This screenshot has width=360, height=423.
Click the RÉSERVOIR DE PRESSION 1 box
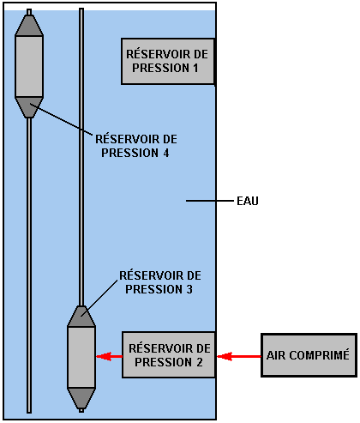tap(168, 62)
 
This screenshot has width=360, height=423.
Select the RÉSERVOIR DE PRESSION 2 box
tap(169, 355)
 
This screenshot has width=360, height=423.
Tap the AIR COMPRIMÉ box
tap(309, 355)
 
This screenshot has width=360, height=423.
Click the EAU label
tap(248, 201)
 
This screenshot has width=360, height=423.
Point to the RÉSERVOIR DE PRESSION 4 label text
tap(136, 146)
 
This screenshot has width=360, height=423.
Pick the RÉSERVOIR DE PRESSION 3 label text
tap(160, 282)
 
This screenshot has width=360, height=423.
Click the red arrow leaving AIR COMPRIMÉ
tap(239, 356)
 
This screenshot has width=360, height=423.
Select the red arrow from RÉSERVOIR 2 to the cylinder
tap(109, 356)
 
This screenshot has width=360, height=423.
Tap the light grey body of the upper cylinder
tap(29, 66)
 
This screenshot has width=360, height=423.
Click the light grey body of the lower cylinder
tap(81, 357)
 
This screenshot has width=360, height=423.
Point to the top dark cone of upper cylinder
tap(29, 25)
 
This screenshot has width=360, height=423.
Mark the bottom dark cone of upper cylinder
tap(29, 107)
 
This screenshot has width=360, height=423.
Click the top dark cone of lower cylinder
tap(81, 316)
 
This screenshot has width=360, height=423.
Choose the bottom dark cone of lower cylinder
tap(81, 398)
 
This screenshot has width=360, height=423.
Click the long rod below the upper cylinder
tap(29, 265)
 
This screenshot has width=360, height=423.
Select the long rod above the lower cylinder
tap(81, 157)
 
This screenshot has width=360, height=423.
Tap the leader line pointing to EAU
tap(210, 201)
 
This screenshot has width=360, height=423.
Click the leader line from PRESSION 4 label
tap(61, 119)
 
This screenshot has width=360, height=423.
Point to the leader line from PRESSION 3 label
tap(99, 298)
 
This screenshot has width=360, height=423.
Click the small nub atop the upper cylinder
tap(29, 12)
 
